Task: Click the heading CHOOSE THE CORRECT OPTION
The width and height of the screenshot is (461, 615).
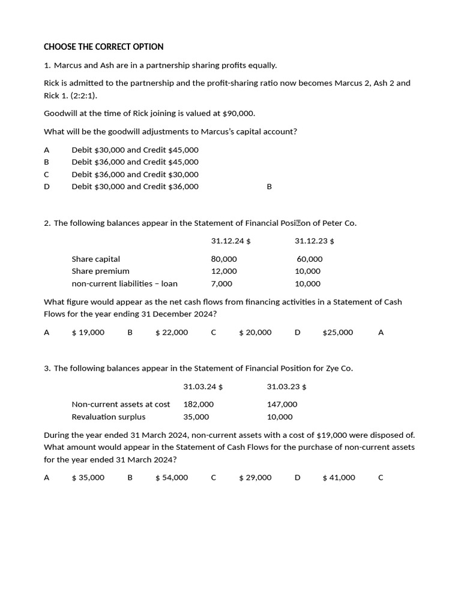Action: coord(104,47)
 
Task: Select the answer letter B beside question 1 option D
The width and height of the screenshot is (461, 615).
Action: coord(269,187)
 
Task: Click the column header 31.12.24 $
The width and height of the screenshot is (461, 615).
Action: coord(230,241)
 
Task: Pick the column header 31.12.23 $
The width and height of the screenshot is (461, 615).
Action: coord(314,241)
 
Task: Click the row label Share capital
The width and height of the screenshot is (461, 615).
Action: coord(95,259)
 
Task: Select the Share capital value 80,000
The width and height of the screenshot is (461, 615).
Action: coord(224,259)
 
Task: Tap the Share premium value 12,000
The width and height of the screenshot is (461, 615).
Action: coord(224,271)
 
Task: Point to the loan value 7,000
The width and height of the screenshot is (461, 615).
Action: coord(221,283)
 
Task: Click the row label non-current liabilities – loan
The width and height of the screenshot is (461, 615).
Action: coord(124,283)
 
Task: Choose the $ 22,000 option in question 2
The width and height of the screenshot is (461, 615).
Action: coord(172,332)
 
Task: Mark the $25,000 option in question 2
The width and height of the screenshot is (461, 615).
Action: coord(337,332)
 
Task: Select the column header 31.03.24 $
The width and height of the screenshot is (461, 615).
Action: coord(203,386)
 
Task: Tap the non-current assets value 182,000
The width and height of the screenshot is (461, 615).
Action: coord(198,404)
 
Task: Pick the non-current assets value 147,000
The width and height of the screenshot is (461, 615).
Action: coord(282,404)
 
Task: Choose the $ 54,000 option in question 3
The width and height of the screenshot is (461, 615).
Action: coord(172,477)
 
